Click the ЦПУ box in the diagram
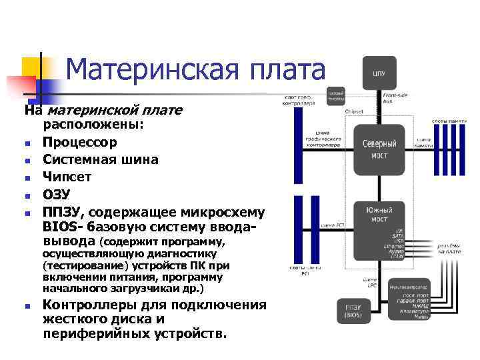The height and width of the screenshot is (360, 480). (x=378, y=72)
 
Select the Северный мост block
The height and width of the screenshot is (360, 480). (x=379, y=149)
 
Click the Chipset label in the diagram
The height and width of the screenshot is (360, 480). (x=354, y=112)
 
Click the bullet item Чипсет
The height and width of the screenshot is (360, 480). (x=67, y=177)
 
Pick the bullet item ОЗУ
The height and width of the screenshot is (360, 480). (x=57, y=195)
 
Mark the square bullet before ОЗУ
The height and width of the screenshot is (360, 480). (x=26, y=196)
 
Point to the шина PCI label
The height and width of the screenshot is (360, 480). (x=333, y=225)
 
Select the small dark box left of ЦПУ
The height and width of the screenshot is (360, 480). (x=335, y=97)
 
